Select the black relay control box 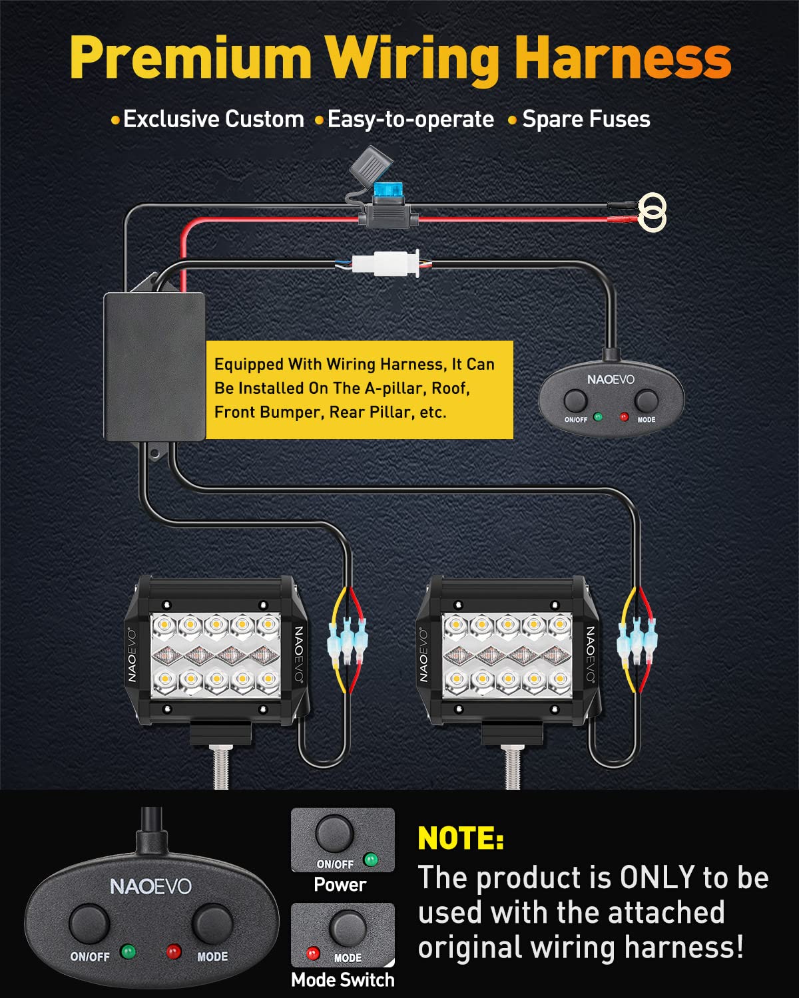click(154, 367)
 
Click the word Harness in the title click(622, 59)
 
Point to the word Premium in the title click(190, 59)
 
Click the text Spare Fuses click(586, 119)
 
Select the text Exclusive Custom click(213, 119)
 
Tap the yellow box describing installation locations click(360, 389)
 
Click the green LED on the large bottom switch click(128, 951)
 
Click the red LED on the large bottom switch click(173, 951)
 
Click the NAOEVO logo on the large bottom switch click(150, 887)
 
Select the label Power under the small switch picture click(340, 885)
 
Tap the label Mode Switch click(342, 980)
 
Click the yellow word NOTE click(460, 838)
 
